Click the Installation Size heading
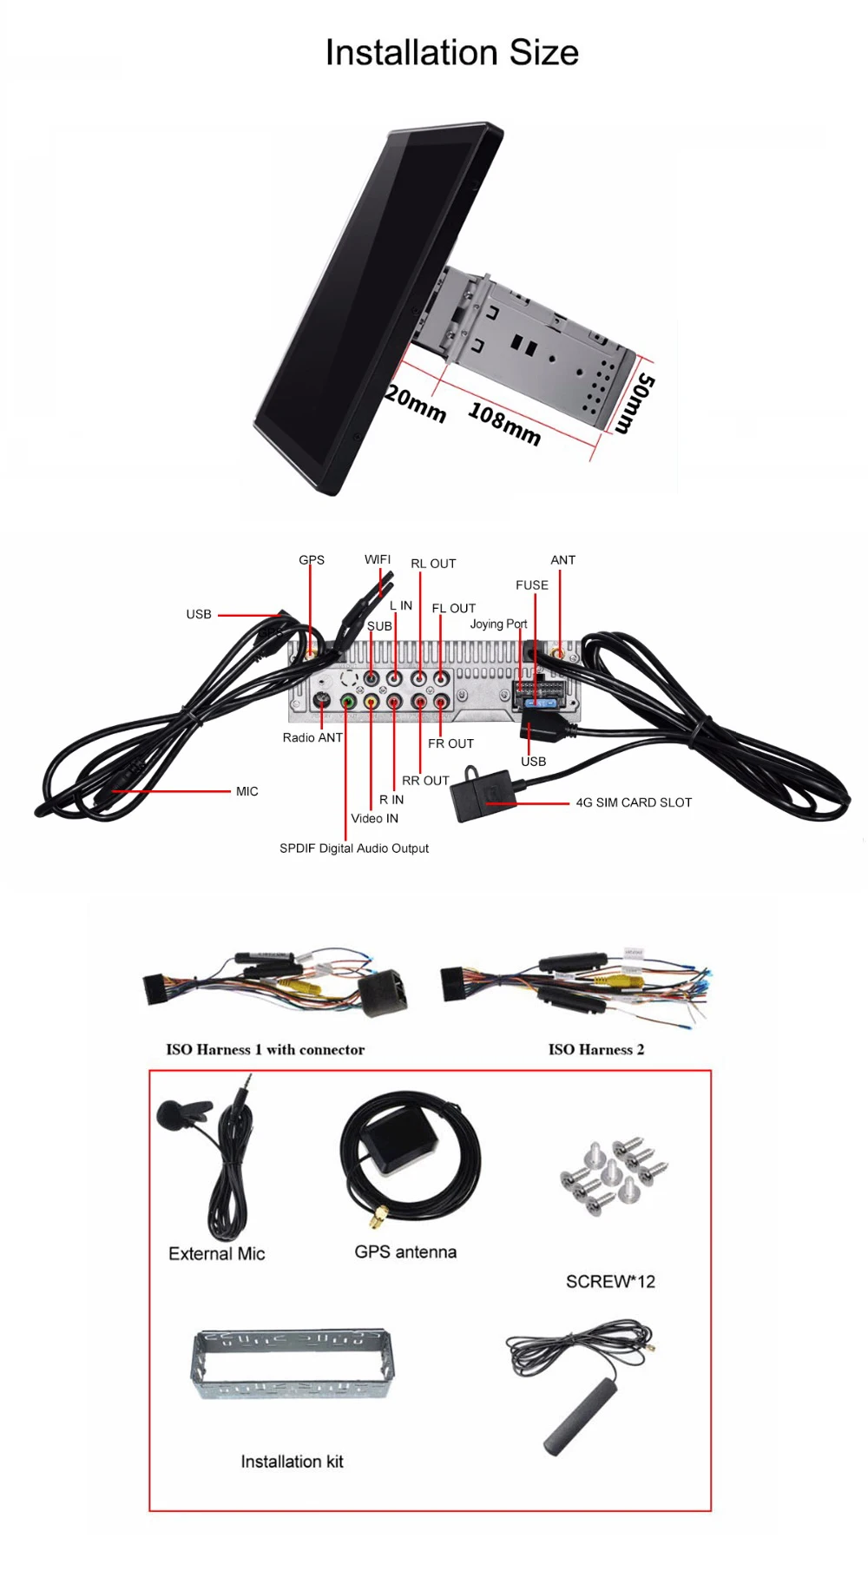point(451,53)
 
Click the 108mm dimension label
point(505,424)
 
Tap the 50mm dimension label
point(635,403)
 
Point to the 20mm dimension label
point(416,403)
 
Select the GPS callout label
point(312,560)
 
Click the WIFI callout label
point(378,559)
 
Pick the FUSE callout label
point(532,585)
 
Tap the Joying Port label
point(498,624)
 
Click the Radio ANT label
point(312,737)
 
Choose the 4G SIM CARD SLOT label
point(634,802)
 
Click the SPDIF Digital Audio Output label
point(354,848)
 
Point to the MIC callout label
point(247,791)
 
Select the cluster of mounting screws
point(614,1177)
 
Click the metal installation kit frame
point(291,1363)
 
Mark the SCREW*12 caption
point(610,1281)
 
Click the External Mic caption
point(216,1253)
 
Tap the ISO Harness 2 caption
point(595,1049)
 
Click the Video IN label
point(375,818)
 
